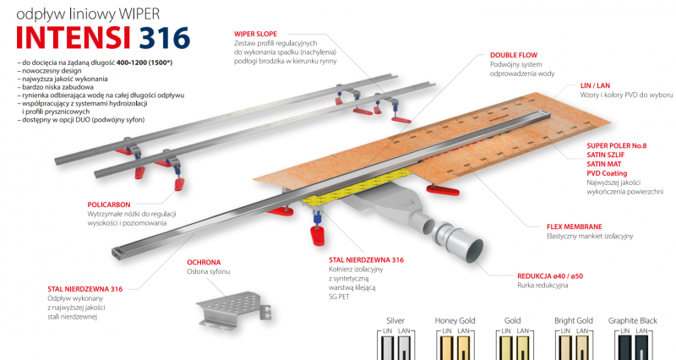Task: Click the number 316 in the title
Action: [165, 38]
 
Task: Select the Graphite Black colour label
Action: [639, 321]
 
